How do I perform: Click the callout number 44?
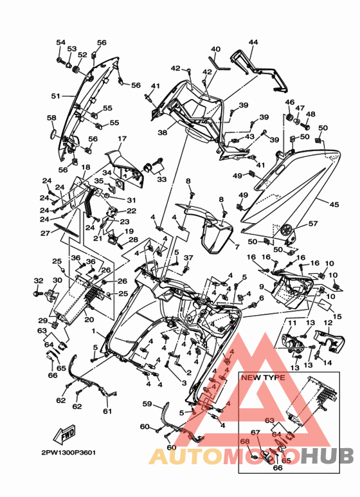(253, 42)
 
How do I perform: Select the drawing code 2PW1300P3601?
(68, 453)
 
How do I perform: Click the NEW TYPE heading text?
(263, 377)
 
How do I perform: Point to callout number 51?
(56, 95)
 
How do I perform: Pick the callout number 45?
(334, 204)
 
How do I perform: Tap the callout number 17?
(122, 138)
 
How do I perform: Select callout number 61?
(108, 411)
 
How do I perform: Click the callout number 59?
(147, 404)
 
